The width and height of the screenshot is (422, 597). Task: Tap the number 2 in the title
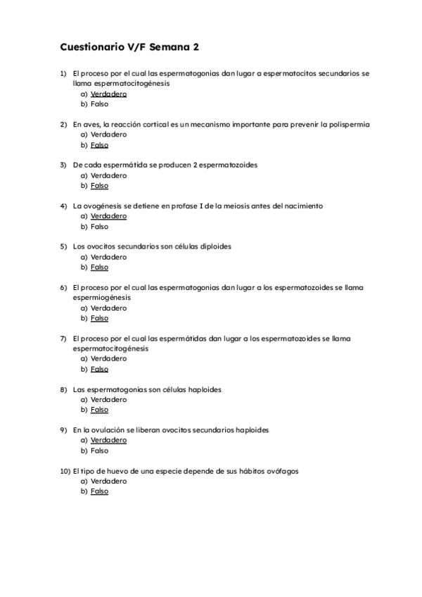pos(196,47)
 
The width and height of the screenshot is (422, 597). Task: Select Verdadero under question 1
pos(108,94)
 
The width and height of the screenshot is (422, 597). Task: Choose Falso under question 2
pos(99,145)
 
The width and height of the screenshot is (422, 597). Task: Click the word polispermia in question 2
pos(345,124)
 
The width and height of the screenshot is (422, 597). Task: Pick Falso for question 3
pos(99,186)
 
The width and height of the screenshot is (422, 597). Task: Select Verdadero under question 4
pos(108,216)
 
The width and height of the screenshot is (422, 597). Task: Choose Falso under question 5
pos(99,268)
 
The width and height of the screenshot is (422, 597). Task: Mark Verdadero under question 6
pos(108,308)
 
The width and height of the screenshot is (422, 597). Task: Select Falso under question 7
pos(99,369)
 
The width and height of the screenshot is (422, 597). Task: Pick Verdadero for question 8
pos(108,399)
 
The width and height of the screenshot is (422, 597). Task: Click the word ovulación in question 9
pos(108,429)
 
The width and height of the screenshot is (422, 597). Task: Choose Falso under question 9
pos(99,451)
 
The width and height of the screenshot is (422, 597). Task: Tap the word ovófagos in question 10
pos(282,471)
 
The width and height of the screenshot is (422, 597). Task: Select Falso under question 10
pos(99,491)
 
